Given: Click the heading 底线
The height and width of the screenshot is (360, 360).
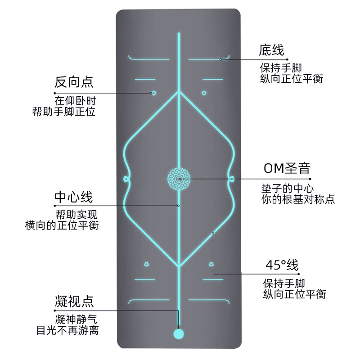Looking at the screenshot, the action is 272,50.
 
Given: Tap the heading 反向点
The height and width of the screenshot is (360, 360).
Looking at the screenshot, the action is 74,82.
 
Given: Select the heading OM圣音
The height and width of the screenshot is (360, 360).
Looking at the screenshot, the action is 287,169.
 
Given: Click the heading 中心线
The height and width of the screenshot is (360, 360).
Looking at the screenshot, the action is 73,197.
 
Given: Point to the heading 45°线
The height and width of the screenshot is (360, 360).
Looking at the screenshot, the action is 282,265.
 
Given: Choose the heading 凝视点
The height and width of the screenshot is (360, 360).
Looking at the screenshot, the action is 75,301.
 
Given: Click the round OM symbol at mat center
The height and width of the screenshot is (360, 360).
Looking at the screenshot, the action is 179,179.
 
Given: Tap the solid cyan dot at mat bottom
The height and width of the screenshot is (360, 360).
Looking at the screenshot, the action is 179,334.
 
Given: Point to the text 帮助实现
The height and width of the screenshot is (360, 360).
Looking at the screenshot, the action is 76,214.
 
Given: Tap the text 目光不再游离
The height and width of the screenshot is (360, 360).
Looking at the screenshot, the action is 67,331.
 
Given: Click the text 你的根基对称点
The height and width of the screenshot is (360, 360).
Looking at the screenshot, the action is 298,199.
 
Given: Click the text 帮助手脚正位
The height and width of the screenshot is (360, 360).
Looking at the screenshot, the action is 64,111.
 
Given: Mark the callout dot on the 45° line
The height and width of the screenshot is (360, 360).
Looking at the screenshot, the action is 213,233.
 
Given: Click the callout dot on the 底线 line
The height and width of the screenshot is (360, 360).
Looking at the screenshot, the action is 220,59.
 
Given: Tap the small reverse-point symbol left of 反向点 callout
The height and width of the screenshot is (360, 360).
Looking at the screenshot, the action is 153,93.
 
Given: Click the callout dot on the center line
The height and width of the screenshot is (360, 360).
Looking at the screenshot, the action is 179,206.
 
